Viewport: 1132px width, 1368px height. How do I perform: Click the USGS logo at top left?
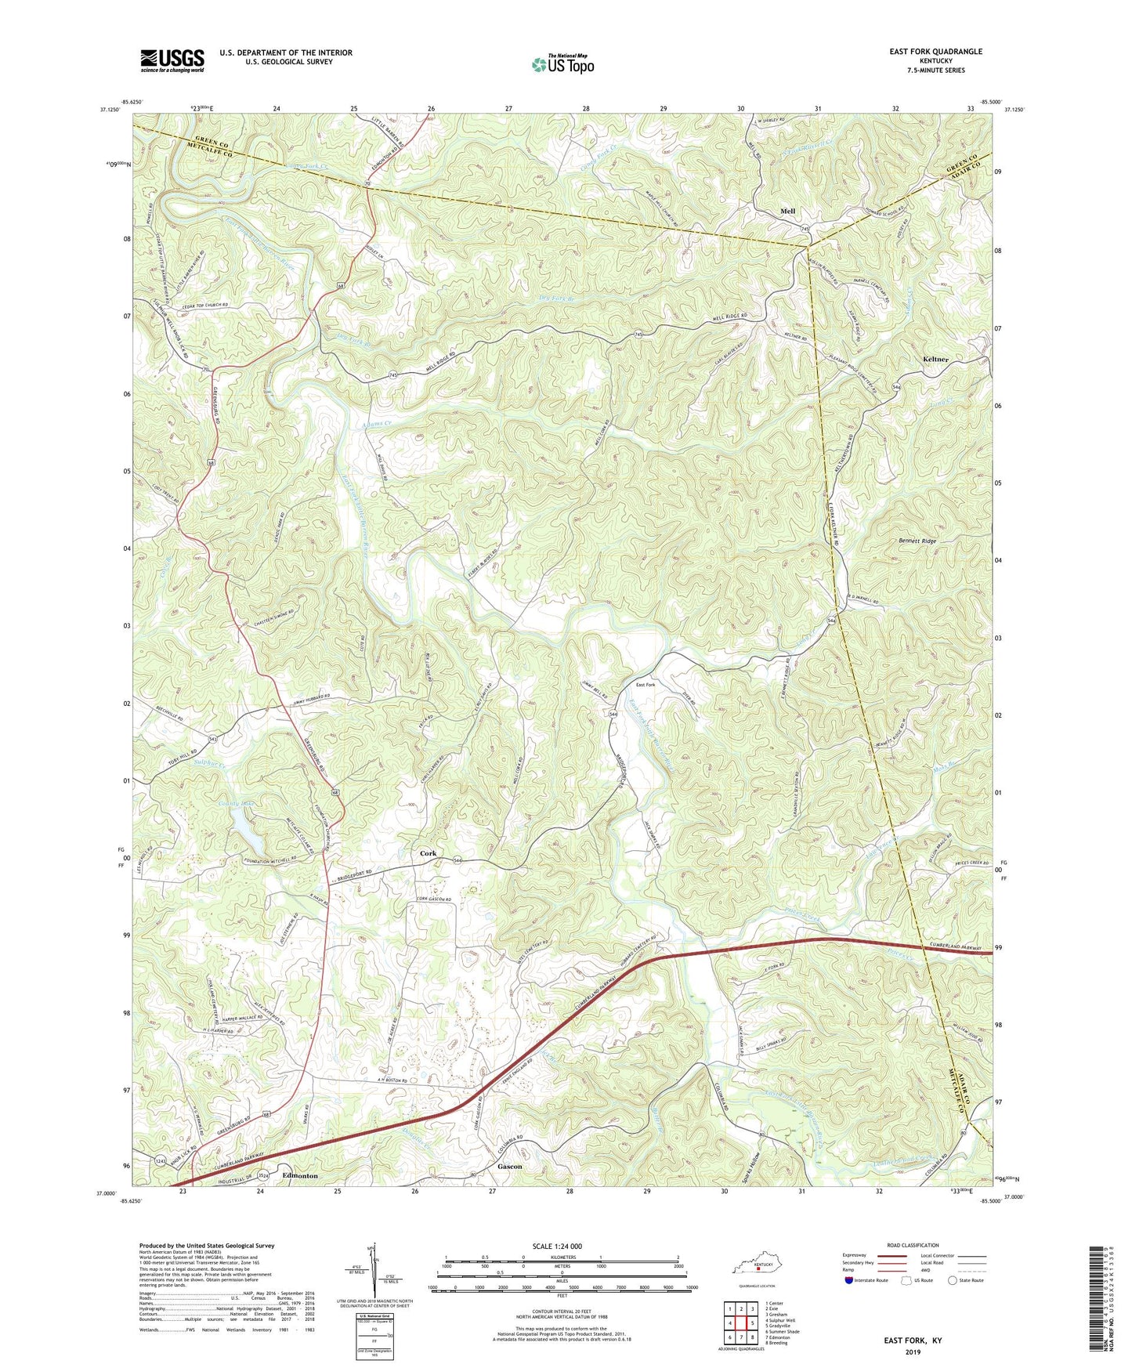click(x=172, y=60)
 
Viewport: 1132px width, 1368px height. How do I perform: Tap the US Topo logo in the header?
click(x=562, y=64)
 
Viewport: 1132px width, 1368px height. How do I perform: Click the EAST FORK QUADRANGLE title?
click(x=935, y=52)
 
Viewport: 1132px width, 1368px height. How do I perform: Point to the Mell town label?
click(x=787, y=212)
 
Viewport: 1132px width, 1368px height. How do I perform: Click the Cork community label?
click(x=428, y=853)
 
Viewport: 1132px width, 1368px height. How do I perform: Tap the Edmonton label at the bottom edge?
click(x=300, y=1176)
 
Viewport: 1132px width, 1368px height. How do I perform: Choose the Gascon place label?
click(x=509, y=1166)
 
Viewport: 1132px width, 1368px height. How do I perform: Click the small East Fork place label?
click(x=646, y=685)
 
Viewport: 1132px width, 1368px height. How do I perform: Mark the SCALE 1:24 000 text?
click(x=557, y=1247)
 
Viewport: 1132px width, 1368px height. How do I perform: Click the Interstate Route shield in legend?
click(x=851, y=1280)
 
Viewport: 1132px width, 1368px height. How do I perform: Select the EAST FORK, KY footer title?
click(x=913, y=1341)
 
